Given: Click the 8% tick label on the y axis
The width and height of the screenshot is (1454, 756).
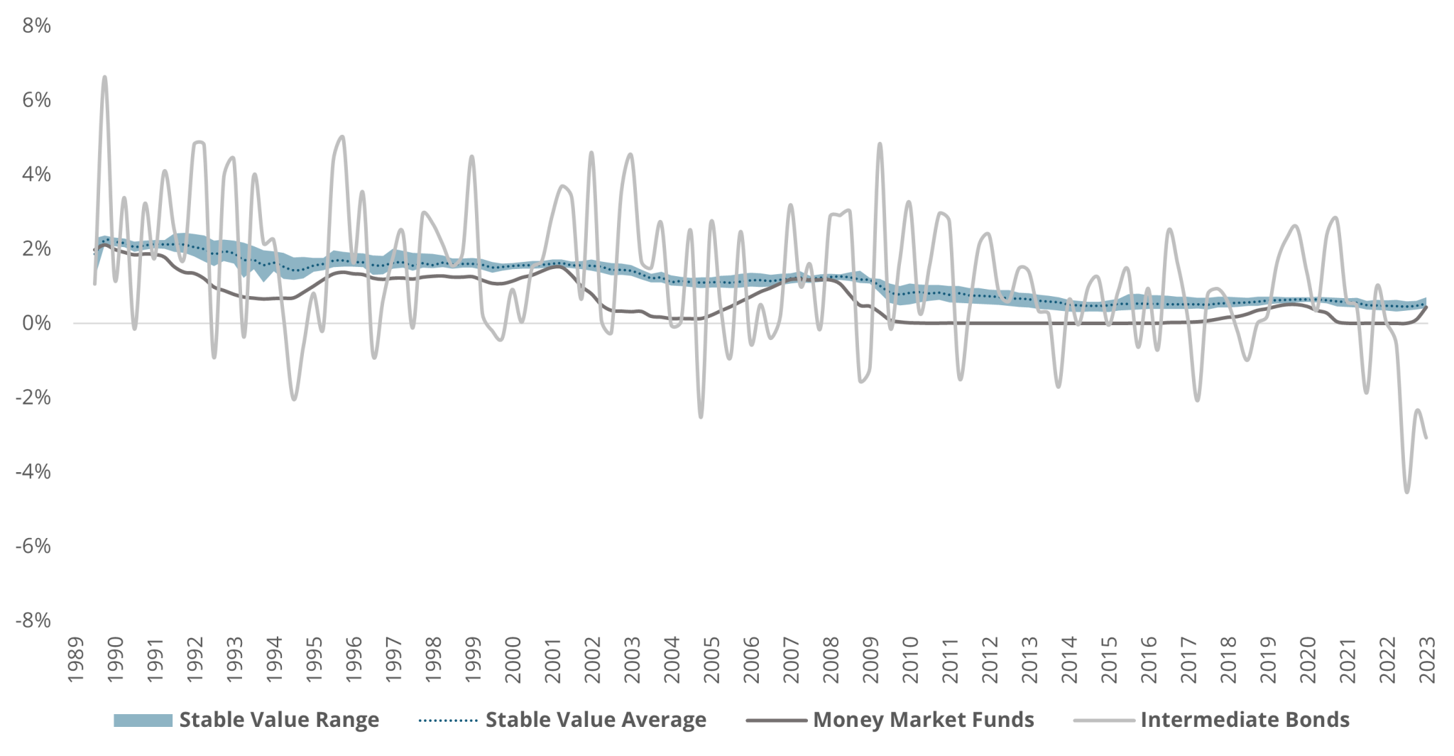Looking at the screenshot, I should pyautogui.click(x=36, y=26).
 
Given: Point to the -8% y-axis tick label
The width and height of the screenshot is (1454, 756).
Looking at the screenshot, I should pyautogui.click(x=33, y=620).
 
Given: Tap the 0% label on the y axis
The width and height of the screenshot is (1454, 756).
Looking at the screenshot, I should pyautogui.click(x=36, y=323).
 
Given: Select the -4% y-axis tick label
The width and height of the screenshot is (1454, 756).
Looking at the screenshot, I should pyautogui.click(x=33, y=471).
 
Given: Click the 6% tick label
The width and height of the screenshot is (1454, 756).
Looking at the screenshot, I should pyautogui.click(x=36, y=100).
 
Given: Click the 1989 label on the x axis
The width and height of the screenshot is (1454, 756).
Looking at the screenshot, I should pyautogui.click(x=76, y=660).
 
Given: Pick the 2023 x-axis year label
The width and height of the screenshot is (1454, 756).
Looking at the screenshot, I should pyautogui.click(x=1427, y=660).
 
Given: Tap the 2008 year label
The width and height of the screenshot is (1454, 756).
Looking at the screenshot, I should pyautogui.click(x=831, y=660).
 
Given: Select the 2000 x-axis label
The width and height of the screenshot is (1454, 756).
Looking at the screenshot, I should pyautogui.click(x=513, y=660).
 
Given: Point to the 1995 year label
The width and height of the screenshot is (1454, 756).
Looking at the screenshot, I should pyautogui.click(x=315, y=660).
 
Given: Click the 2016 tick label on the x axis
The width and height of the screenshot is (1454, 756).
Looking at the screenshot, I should pyautogui.click(x=1149, y=660).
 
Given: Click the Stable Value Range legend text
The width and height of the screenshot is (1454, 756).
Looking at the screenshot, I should pyautogui.click(x=279, y=720).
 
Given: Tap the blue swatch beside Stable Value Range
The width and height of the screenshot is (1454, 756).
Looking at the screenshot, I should pyautogui.click(x=143, y=721).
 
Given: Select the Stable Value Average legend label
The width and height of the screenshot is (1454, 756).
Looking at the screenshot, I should pyautogui.click(x=596, y=720).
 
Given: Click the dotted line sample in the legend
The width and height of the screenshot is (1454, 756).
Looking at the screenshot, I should pyautogui.click(x=448, y=721).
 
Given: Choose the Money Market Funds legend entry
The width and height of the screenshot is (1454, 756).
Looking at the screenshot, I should pyautogui.click(x=923, y=720).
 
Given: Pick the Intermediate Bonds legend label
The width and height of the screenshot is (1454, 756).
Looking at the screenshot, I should pyautogui.click(x=1245, y=720).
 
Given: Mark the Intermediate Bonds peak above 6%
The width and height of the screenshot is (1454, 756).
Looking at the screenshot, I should pyautogui.click(x=104, y=77).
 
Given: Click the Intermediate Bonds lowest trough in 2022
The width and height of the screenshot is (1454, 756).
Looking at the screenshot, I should pyautogui.click(x=1406, y=492).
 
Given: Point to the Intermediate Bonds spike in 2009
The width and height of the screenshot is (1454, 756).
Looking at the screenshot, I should pyautogui.click(x=880, y=143).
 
